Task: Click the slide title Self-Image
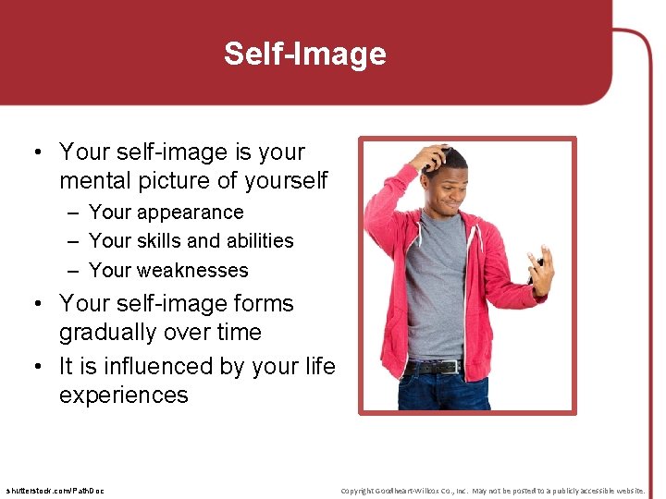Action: click(304, 54)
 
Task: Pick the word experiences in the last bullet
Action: click(124, 396)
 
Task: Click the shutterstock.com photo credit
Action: click(55, 490)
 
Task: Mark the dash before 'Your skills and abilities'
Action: click(72, 241)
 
